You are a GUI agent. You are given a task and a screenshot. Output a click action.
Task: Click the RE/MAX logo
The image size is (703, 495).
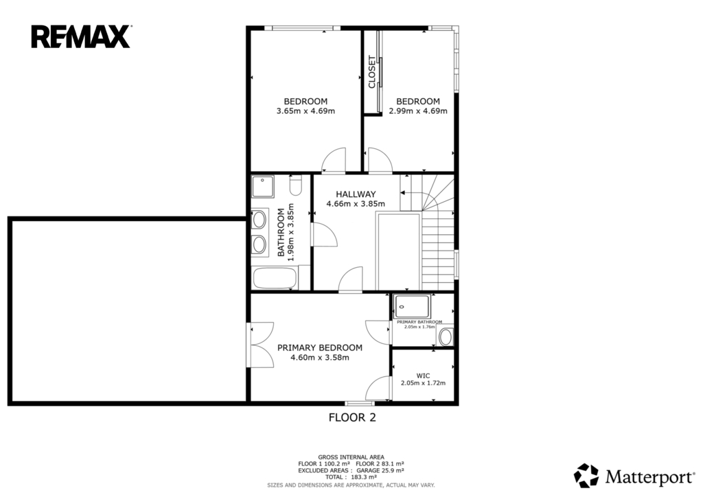[81, 37]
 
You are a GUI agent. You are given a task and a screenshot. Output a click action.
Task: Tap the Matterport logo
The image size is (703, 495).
[634, 476]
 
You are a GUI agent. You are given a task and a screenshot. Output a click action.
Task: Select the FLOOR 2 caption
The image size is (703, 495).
[352, 417]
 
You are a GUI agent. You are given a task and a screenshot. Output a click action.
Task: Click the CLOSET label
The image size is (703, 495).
[371, 71]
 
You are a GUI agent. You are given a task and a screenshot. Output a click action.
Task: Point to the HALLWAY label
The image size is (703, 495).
[356, 194]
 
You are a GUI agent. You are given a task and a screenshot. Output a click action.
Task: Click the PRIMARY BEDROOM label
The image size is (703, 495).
[320, 347]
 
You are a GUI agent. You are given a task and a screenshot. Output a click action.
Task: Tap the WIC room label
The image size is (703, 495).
[423, 376]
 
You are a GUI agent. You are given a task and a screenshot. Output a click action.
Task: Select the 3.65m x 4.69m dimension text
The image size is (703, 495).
[306, 111]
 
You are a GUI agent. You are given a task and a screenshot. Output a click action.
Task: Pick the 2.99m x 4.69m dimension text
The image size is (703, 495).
[418, 111]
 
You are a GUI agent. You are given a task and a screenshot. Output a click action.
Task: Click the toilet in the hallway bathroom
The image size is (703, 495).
[295, 185]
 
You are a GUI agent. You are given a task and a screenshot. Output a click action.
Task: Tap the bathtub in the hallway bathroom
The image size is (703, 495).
[275, 278]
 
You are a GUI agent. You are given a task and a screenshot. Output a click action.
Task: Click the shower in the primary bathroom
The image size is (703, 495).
[412, 306]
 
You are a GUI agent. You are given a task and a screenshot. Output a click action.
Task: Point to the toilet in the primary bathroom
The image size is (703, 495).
[446, 337]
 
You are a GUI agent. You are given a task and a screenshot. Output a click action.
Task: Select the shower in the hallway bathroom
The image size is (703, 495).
[262, 187]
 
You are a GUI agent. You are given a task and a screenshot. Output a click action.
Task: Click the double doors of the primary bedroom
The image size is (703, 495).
[260, 345]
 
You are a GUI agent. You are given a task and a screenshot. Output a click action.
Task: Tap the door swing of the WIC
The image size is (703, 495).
[378, 387]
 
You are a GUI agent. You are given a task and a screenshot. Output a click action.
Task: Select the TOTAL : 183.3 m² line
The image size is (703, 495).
[351, 477]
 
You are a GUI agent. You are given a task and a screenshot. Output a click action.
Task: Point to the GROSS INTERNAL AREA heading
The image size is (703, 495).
[351, 457]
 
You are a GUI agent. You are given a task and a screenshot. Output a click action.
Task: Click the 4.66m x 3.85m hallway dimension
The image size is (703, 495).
[356, 203]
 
